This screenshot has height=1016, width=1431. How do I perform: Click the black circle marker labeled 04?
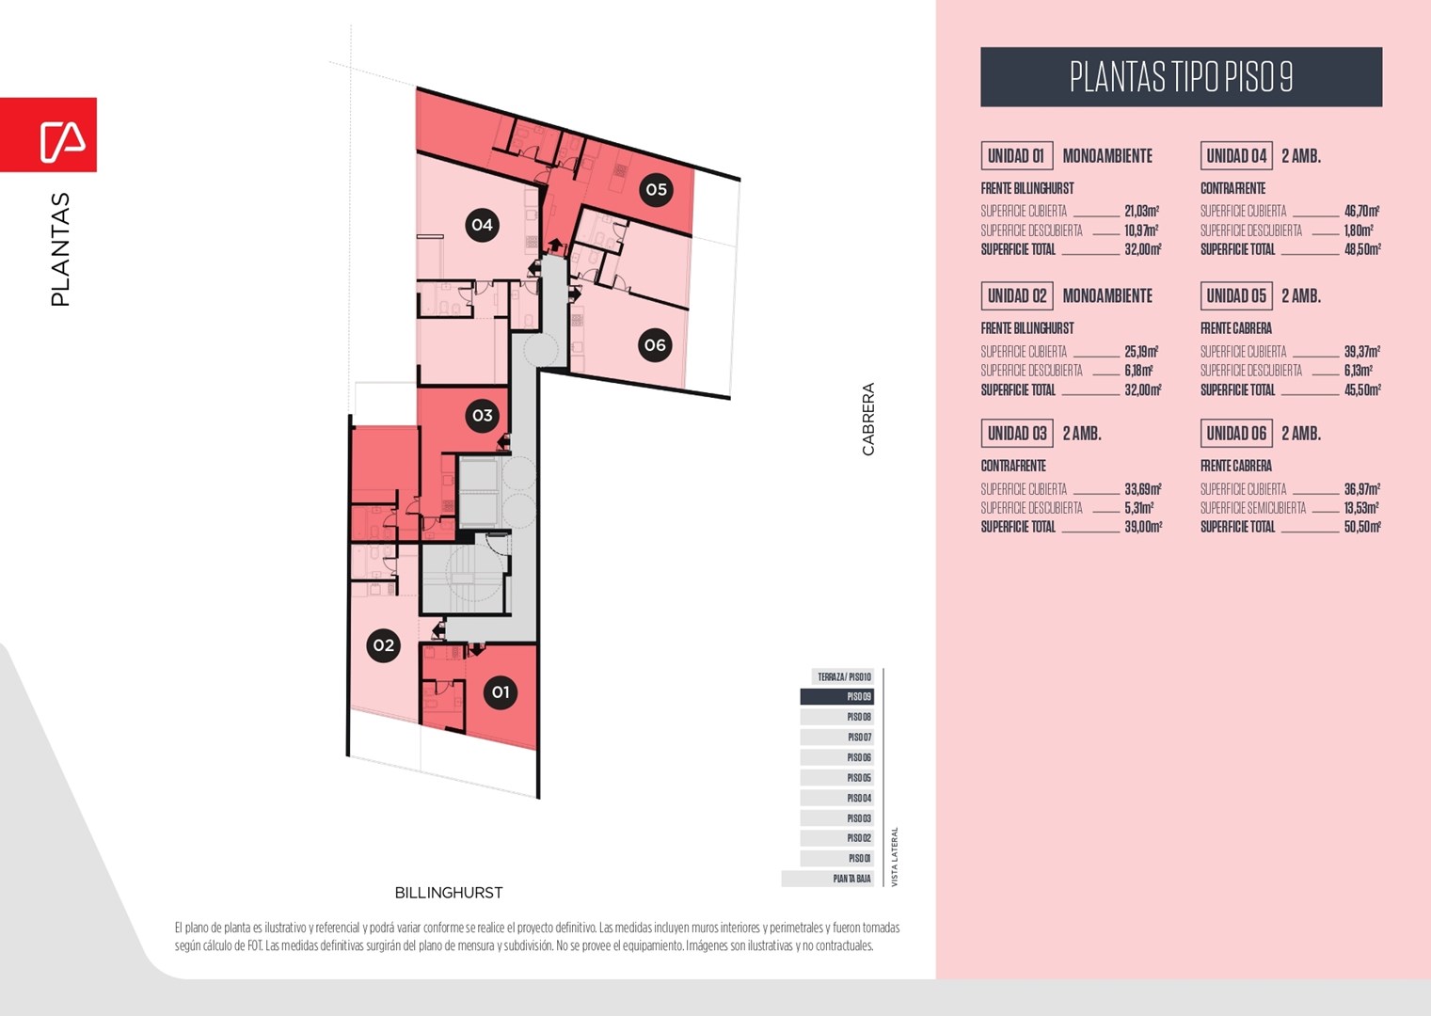point(483,225)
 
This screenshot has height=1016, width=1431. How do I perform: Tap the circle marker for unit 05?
point(656,190)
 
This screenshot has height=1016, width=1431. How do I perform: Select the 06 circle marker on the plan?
point(655,345)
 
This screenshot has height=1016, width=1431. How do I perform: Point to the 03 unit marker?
point(483,416)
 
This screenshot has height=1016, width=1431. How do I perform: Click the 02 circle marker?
point(383,645)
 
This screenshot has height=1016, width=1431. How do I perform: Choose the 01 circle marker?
point(501,692)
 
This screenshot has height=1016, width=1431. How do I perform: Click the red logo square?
point(49,135)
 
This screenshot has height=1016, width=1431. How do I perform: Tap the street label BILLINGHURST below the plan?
point(449,893)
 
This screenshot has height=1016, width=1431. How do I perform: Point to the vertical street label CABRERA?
point(867,419)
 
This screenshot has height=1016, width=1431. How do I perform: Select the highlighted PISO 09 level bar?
point(837,697)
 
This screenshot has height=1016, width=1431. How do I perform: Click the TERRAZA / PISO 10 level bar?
point(843,676)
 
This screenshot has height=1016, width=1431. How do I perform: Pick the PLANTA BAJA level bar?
point(827,879)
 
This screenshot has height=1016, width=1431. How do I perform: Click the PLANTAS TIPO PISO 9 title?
point(1182,76)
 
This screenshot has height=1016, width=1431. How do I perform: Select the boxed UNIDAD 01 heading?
point(1016,156)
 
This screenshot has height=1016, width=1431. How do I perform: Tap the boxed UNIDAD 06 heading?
point(1236,434)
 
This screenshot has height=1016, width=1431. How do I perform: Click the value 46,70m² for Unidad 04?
point(1361,212)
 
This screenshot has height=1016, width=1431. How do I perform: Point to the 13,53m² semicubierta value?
point(1361,508)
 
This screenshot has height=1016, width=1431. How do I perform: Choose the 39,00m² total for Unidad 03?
point(1143,527)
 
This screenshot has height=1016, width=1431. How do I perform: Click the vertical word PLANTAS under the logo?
point(60,249)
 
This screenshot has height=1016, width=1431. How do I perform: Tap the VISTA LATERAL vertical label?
point(895,857)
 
